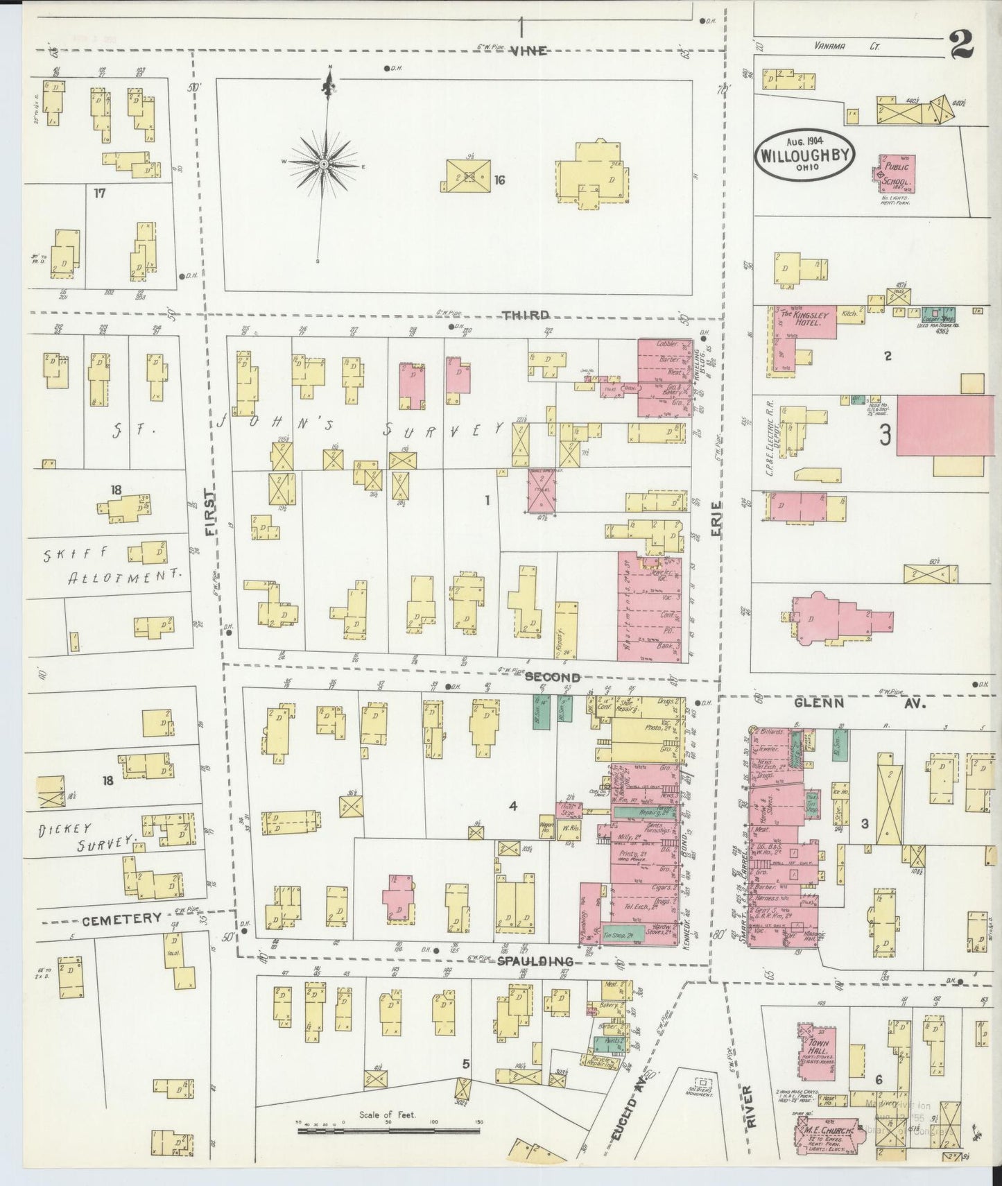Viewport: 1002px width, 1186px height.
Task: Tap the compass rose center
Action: coord(323,164)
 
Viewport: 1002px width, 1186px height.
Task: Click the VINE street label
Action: coord(530,51)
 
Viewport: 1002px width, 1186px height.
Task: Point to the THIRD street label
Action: coord(526,315)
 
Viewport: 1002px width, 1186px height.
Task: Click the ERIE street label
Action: coord(716,519)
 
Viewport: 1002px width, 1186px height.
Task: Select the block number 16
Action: coord(499,180)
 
